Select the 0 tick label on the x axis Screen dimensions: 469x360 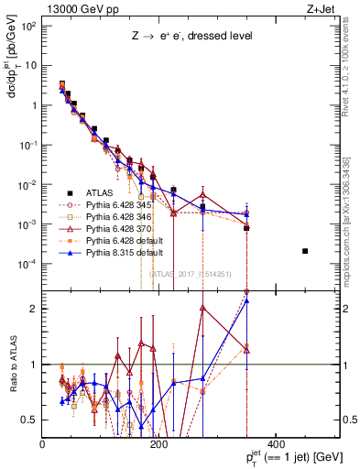pyautogui.click(x=44, y=445)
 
